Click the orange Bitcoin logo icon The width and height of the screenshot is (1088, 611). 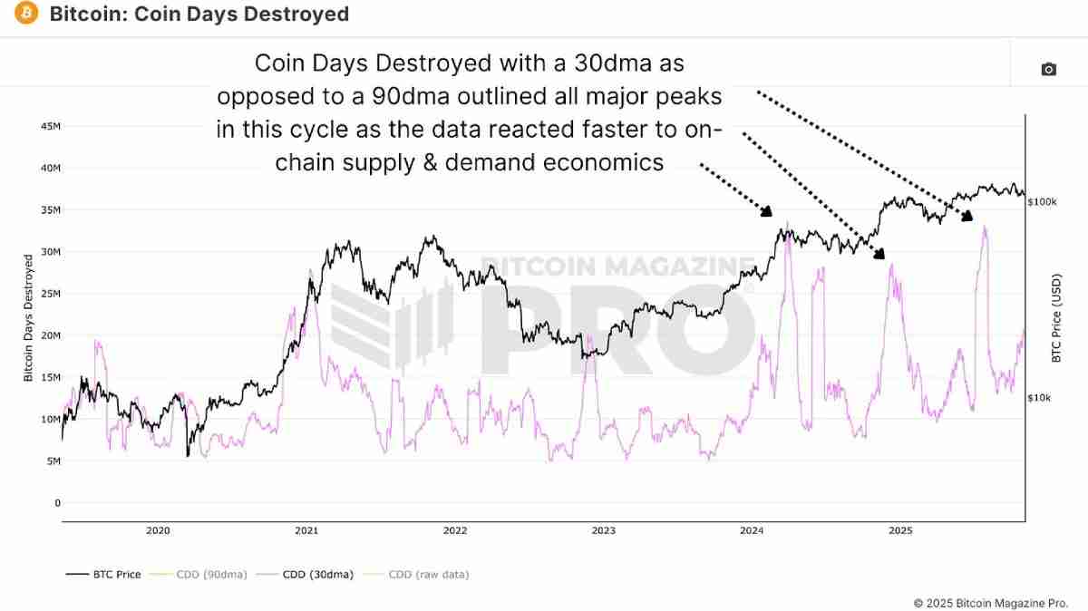tap(26, 15)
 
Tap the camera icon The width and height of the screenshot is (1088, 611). tap(1049, 69)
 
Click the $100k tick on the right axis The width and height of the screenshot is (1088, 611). tap(1042, 202)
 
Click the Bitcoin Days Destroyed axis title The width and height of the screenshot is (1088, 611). tap(29, 317)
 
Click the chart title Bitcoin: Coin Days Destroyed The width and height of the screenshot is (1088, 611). tap(198, 15)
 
